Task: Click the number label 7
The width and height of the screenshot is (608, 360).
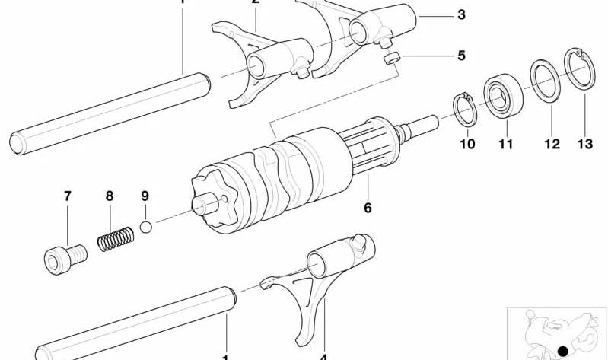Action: tap(67, 196)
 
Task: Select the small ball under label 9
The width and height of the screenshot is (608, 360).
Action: tap(148, 227)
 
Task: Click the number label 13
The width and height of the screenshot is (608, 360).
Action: tap(584, 143)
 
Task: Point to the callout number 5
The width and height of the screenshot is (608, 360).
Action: tap(461, 56)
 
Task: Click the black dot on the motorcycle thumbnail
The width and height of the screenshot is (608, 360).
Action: tap(562, 349)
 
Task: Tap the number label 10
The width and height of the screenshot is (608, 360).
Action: tap(466, 143)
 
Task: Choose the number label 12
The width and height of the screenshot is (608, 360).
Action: tap(552, 143)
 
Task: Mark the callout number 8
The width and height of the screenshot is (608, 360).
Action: tap(109, 196)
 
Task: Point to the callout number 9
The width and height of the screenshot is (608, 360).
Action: tap(145, 196)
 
